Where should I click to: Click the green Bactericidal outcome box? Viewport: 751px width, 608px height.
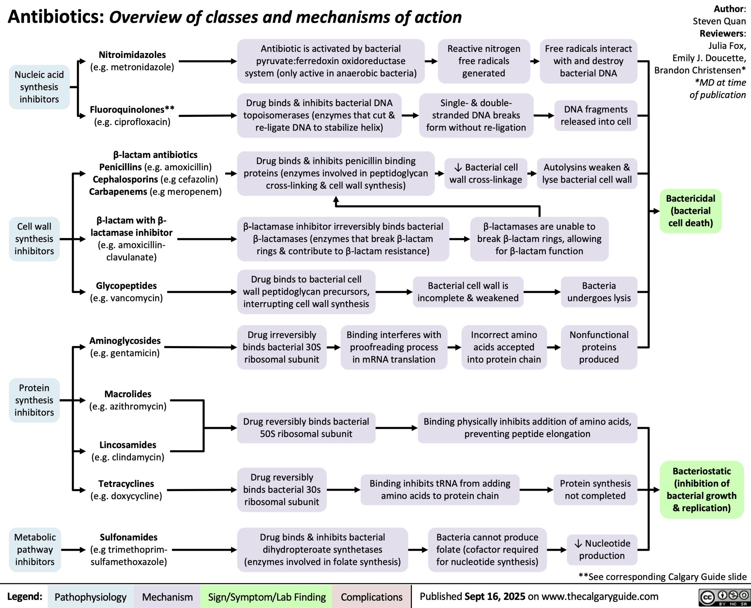690,211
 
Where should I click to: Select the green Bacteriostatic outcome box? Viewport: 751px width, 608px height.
701,490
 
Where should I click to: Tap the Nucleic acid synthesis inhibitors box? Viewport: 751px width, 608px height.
39,87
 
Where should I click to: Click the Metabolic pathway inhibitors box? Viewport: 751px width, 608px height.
35,549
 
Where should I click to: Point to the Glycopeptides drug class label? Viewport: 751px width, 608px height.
126,286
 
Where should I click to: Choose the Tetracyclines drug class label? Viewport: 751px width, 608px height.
126,484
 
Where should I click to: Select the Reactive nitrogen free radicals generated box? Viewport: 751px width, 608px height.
483,61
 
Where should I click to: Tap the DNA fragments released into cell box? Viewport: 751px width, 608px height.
596,116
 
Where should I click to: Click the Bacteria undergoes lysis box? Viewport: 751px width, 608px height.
599,292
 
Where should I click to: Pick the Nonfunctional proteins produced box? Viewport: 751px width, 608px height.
599,347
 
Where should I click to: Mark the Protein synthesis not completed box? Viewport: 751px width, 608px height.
595,490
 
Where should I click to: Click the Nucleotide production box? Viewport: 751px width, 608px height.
602,549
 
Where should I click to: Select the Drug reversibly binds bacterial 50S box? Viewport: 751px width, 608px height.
306,428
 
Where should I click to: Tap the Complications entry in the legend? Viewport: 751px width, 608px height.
371,597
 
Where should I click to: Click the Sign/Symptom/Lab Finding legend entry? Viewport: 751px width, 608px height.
267,597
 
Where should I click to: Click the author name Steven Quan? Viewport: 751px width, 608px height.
719,21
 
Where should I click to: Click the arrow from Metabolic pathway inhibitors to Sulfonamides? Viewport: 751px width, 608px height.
74,550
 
